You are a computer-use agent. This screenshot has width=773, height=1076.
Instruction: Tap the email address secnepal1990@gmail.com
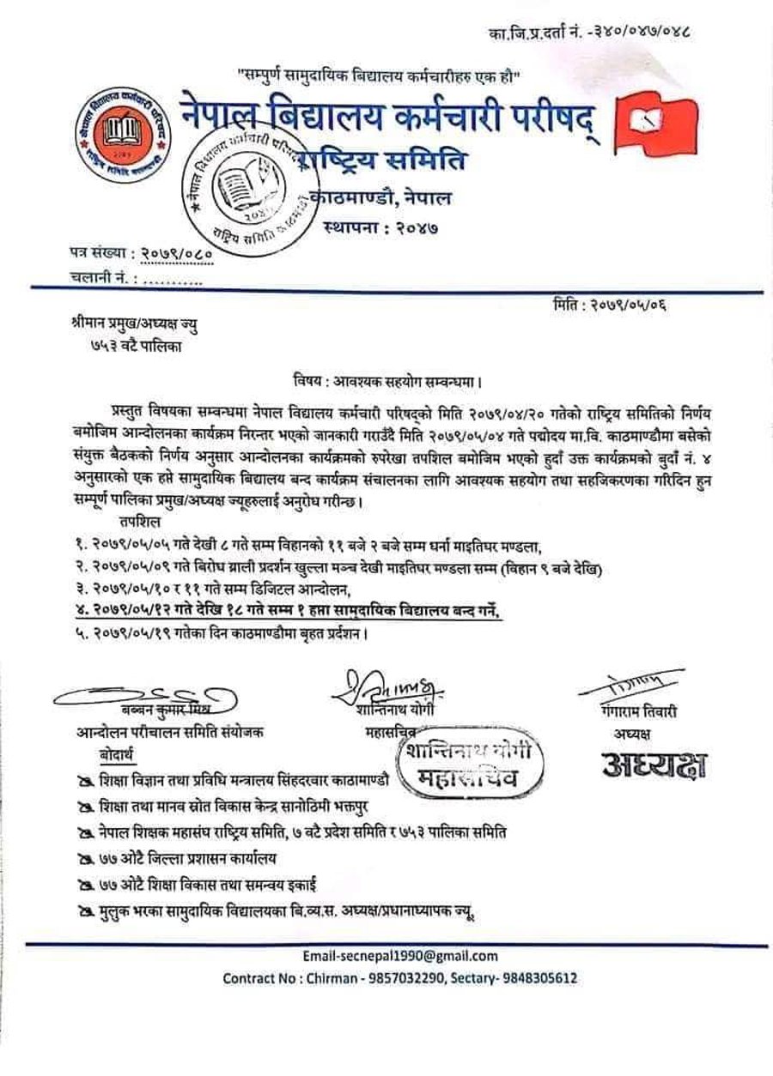pos(400,956)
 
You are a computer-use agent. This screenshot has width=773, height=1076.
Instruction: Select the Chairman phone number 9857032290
pos(421,977)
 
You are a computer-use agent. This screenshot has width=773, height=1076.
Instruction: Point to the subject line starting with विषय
pos(385,379)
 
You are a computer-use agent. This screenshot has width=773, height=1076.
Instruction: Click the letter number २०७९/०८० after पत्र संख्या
pos(175,255)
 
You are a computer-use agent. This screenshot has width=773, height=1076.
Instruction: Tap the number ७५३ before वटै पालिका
pos(91,347)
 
